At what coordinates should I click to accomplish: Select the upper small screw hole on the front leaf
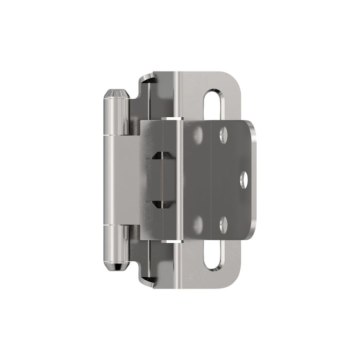(224, 135)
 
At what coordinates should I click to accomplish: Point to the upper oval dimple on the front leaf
(198, 134)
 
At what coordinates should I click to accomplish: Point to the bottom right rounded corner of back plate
(234, 280)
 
